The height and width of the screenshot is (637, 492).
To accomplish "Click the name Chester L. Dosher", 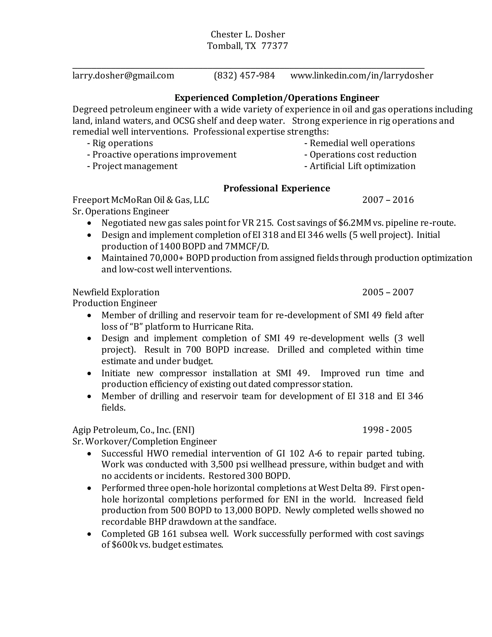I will [x=247, y=34].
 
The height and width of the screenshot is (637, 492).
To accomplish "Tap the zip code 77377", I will [x=275, y=46].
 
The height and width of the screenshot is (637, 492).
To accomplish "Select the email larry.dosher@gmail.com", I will [x=123, y=75].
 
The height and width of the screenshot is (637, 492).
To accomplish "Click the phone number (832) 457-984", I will [x=244, y=75].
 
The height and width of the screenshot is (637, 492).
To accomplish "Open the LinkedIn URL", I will [x=362, y=75].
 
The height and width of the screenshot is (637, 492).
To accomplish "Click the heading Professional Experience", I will [x=276, y=188].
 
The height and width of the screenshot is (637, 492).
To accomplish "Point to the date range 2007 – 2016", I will [x=388, y=200].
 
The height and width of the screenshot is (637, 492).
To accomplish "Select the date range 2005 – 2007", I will [x=388, y=292].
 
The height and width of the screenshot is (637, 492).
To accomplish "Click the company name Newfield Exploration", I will [x=116, y=292].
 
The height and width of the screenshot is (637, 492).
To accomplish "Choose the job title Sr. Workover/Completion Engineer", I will [x=144, y=441].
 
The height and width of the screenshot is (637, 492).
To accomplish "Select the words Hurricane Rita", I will [x=223, y=326].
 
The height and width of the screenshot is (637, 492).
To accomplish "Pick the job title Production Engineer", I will [x=115, y=303].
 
